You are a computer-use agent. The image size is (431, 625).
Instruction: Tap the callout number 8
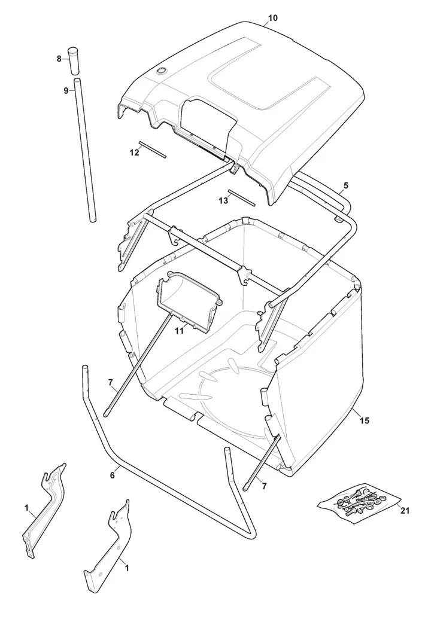59,59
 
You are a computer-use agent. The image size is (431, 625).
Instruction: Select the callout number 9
66,90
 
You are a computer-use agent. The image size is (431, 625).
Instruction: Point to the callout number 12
134,153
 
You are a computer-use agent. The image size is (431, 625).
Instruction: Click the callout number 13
223,200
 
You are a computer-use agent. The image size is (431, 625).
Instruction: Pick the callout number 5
345,185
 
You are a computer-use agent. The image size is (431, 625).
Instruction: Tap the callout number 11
179,330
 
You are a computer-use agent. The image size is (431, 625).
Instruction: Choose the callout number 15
365,420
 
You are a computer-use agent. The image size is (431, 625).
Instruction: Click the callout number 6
113,475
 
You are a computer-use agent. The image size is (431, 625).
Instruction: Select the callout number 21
405,510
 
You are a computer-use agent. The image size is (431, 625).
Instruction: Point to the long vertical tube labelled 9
86,150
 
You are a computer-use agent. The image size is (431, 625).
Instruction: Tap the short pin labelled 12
152,150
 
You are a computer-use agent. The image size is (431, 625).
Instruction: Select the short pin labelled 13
241,198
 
